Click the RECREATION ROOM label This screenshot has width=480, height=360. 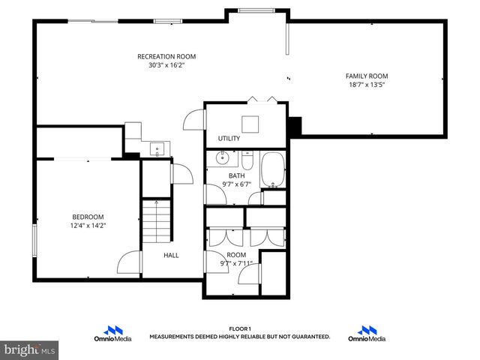(x=166, y=56)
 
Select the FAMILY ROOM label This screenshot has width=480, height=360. (x=367, y=76)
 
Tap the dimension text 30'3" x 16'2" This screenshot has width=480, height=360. (x=166, y=65)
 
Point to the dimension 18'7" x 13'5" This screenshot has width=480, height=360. (x=367, y=85)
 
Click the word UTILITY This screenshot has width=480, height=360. (x=229, y=139)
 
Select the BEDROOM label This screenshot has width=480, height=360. (x=88, y=217)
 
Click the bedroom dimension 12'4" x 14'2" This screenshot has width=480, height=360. (x=88, y=226)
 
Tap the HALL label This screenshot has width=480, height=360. (x=172, y=255)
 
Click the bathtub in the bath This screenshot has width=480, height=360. (x=273, y=169)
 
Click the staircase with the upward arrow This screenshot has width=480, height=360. (x=156, y=220)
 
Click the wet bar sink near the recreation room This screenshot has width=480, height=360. (x=157, y=148)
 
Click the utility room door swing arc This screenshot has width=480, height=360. (x=193, y=120)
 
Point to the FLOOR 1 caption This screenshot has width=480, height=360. (x=239, y=329)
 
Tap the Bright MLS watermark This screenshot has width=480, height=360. (x=30, y=349)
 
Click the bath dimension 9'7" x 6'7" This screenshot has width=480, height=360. (x=236, y=184)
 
